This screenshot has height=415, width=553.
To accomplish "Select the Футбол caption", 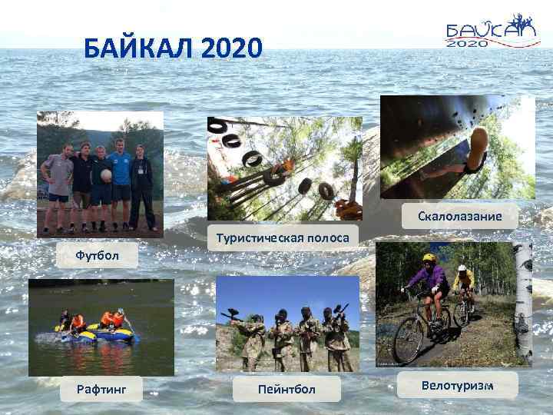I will (x=97, y=254).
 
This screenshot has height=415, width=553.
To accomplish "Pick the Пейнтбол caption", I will (x=286, y=390).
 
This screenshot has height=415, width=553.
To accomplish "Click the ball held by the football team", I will (x=105, y=175).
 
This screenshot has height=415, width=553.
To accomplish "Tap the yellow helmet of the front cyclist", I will (x=429, y=258).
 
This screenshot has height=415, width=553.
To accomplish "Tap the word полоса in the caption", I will (x=326, y=239).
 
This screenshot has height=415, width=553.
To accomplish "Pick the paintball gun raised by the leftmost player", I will (x=228, y=315).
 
